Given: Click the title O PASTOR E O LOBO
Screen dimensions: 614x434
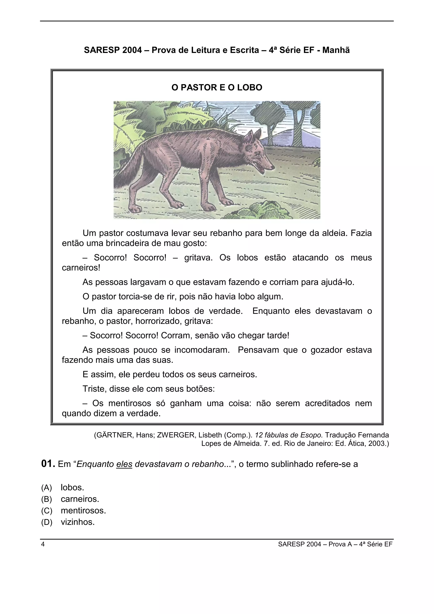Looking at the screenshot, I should tap(217, 88).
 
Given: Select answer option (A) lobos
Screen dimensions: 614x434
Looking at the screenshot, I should tap(72, 488).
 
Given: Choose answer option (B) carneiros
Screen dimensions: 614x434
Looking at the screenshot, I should tap(80, 499).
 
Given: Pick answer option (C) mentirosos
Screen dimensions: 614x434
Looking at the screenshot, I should tap(83, 511).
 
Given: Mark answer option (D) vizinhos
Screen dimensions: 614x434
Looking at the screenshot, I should tap(78, 522).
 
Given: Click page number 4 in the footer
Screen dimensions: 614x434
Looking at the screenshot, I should tap(43, 544).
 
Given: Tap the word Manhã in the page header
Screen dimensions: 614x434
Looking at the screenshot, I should tap(336, 50).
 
